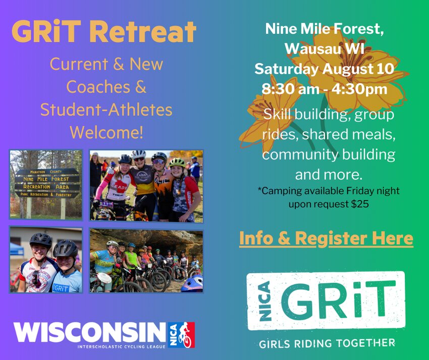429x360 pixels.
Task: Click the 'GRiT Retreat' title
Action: [x=104, y=31]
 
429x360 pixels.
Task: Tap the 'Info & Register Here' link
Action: [x=326, y=238]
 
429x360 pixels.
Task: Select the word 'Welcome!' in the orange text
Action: [x=106, y=132]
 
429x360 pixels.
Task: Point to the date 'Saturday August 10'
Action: [x=325, y=69]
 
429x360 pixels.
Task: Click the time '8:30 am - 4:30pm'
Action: [x=325, y=89]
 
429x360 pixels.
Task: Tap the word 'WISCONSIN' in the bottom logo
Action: [x=90, y=332]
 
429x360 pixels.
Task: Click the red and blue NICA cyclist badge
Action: [x=181, y=335]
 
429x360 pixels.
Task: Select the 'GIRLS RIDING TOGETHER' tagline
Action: [x=327, y=343]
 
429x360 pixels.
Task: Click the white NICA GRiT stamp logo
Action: [x=326, y=300]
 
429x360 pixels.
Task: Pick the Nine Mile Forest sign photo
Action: [x=46, y=184]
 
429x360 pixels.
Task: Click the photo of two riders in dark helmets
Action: [x=46, y=260]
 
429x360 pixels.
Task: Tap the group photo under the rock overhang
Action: [x=146, y=261]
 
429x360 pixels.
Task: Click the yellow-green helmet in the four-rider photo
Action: [x=177, y=163]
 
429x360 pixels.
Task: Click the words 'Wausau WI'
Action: [x=325, y=49]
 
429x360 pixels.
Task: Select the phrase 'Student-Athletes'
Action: [x=106, y=110]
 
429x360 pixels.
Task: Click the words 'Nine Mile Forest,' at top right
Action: [x=325, y=29]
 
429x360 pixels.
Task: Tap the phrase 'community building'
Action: [x=329, y=155]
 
